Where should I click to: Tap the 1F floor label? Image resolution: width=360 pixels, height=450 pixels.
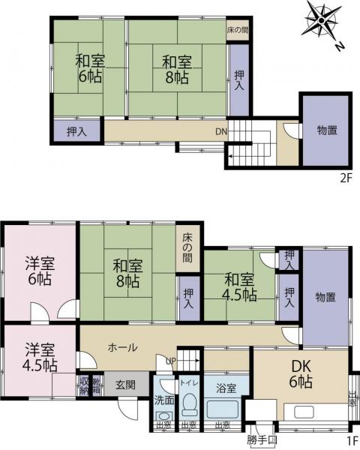(350, 440)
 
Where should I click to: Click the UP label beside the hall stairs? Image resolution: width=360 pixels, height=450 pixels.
(172, 361)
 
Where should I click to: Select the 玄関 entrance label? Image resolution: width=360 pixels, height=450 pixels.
(125, 385)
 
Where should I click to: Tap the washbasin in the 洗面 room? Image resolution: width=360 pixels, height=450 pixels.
(164, 414)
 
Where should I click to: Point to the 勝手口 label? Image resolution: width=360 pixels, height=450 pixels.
(262, 440)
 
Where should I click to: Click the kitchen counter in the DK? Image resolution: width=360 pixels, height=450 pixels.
(316, 412)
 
